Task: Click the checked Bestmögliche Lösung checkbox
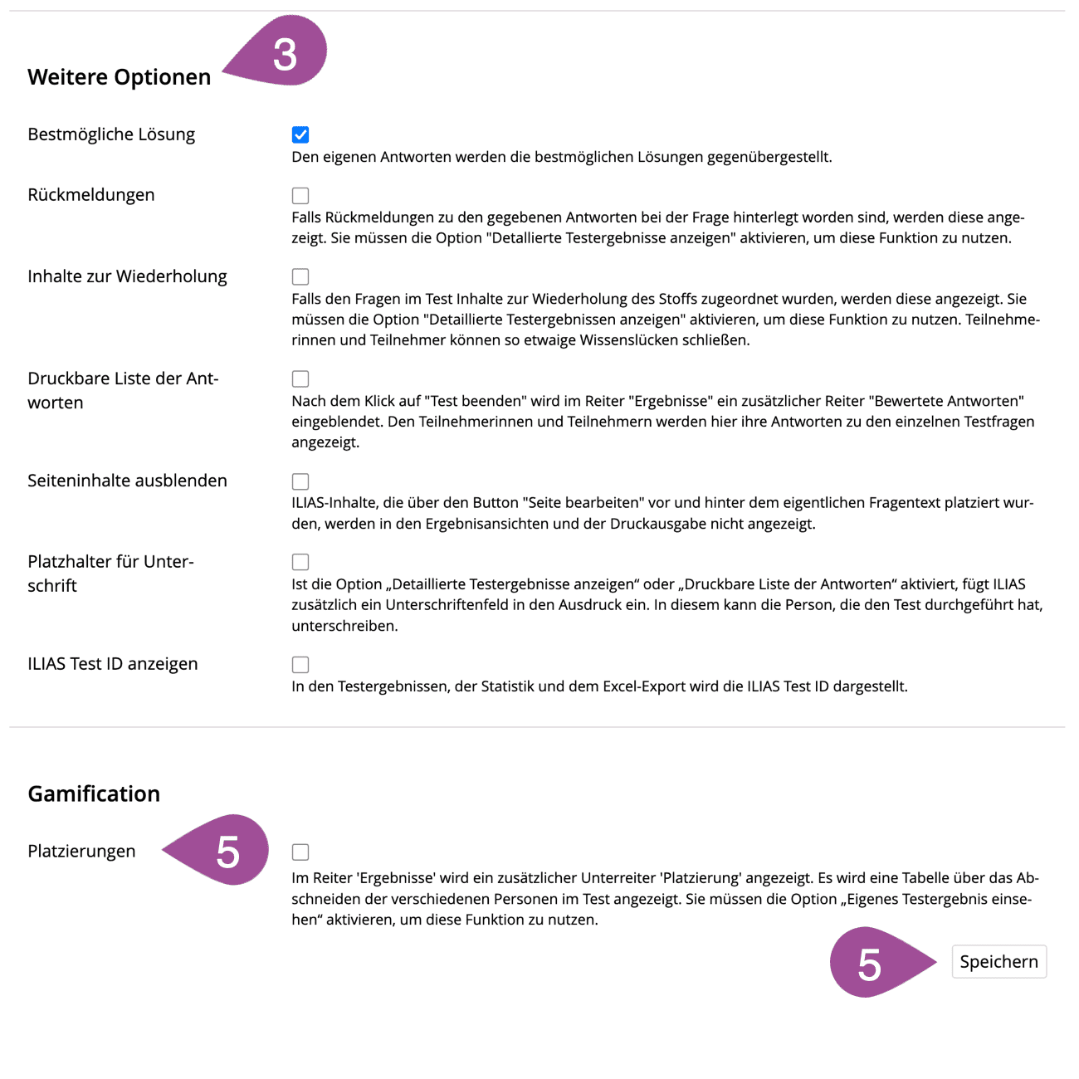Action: [300, 134]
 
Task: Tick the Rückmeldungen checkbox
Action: [300, 195]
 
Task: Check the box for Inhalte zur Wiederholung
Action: [300, 276]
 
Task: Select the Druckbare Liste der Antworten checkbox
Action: [300, 378]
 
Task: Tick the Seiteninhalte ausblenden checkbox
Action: [300, 481]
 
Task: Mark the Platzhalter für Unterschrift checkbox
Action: [300, 562]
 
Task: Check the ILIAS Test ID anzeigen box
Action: [300, 665]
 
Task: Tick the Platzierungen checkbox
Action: [300, 852]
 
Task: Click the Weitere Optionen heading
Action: [120, 77]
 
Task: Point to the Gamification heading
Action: [94, 794]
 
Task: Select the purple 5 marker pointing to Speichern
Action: [871, 963]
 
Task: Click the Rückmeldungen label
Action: [91, 195]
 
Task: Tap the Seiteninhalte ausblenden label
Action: [127, 481]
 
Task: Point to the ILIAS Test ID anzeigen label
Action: [113, 664]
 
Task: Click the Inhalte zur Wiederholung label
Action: [127, 276]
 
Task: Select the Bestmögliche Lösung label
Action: [111, 134]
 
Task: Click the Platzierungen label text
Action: [81, 852]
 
